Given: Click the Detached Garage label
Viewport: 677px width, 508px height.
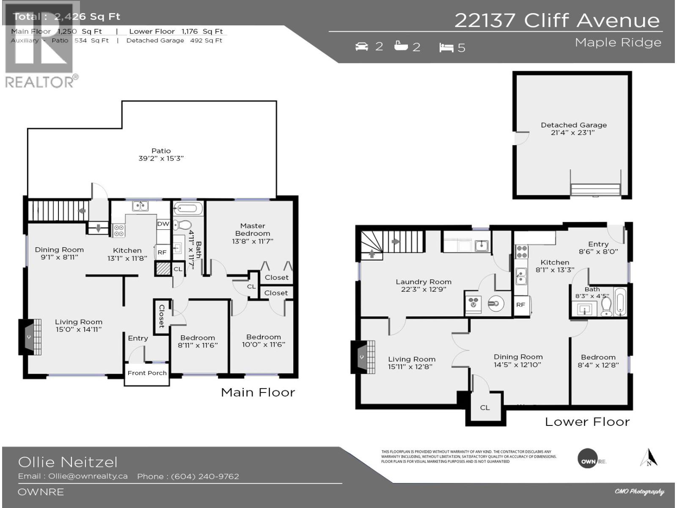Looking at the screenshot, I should (x=573, y=125).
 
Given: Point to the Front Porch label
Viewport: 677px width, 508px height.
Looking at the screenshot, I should (x=147, y=373).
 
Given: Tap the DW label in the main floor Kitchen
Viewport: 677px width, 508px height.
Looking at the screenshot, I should (x=163, y=224).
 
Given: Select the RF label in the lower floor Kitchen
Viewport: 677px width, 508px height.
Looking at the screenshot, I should (x=520, y=304).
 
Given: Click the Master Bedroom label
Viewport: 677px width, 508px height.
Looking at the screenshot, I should (x=253, y=229).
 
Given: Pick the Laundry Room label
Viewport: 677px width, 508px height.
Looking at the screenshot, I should (x=423, y=282).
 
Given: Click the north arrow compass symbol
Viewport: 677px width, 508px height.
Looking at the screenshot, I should (x=649, y=458).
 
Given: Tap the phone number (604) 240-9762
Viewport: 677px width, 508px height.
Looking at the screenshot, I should (x=205, y=476).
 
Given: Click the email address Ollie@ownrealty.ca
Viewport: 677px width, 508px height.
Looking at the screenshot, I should (x=88, y=476).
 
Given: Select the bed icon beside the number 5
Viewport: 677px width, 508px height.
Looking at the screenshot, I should (x=446, y=47).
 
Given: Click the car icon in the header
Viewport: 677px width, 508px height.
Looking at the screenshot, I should (x=362, y=46).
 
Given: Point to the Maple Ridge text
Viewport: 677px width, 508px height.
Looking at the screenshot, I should (x=618, y=42).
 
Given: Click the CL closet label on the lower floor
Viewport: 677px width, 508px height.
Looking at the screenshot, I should (x=485, y=408).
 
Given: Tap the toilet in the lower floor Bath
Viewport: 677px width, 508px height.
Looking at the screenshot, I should (x=606, y=308).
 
